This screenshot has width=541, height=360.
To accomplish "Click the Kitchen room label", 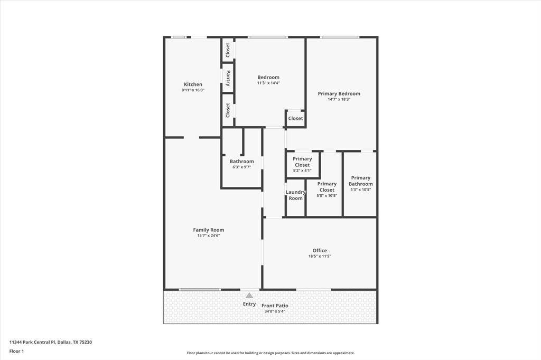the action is (x=193, y=84).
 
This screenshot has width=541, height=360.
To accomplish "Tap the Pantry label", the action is (x=228, y=78).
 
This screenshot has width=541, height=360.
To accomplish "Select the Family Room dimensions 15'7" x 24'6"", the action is (x=208, y=236).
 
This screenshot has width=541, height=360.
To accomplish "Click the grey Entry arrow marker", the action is (x=249, y=295).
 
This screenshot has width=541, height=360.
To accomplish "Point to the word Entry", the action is (x=249, y=304).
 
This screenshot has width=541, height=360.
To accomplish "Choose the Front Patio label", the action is (x=275, y=306).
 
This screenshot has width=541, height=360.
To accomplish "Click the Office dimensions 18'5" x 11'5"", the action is (x=320, y=256).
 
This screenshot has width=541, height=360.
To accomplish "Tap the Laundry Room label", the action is (x=296, y=195).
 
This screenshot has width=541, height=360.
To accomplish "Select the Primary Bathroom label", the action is (x=360, y=181).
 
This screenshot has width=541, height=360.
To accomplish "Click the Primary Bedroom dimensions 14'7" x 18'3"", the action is (x=339, y=99).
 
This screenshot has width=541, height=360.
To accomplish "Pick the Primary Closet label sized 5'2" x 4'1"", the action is (x=302, y=162).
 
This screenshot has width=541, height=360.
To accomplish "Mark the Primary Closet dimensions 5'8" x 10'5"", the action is (x=327, y=195).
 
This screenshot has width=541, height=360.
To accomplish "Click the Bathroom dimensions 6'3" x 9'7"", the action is (x=241, y=167).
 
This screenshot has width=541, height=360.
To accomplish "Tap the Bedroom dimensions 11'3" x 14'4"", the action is (x=268, y=83).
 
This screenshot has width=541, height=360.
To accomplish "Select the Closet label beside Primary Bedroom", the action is (x=295, y=118).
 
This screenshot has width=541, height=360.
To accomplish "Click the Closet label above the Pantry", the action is (x=228, y=50).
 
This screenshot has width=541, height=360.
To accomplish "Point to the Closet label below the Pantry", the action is (x=228, y=110).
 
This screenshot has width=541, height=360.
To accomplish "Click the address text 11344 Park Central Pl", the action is (x=32, y=343).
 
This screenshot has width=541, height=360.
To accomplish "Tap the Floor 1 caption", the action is (x=16, y=352).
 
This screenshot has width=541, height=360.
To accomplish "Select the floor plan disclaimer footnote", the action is (x=270, y=353).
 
